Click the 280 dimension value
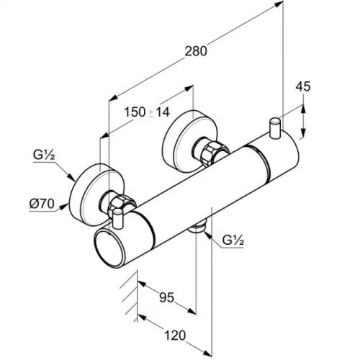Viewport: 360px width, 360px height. click(x=196, y=51)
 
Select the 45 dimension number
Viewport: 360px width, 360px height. click(x=303, y=86)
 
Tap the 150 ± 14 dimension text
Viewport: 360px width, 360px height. click(x=147, y=112)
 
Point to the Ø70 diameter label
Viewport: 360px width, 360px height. click(x=42, y=204)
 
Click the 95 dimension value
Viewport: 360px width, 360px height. click(x=167, y=297)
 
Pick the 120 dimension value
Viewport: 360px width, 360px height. click(x=175, y=336)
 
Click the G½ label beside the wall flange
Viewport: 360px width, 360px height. click(x=44, y=156)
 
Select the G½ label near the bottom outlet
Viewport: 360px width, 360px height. click(x=233, y=240)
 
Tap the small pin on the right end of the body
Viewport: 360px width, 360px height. click(x=274, y=128)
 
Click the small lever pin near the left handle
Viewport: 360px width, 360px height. click(x=117, y=218)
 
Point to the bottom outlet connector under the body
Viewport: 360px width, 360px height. click(x=197, y=228)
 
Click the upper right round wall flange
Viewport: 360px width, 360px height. click(x=189, y=141)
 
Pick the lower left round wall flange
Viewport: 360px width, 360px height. click(x=96, y=195)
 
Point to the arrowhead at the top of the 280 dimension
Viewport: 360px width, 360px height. click(x=279, y=4)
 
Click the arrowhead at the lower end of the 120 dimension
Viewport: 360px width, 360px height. click(x=208, y=353)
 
